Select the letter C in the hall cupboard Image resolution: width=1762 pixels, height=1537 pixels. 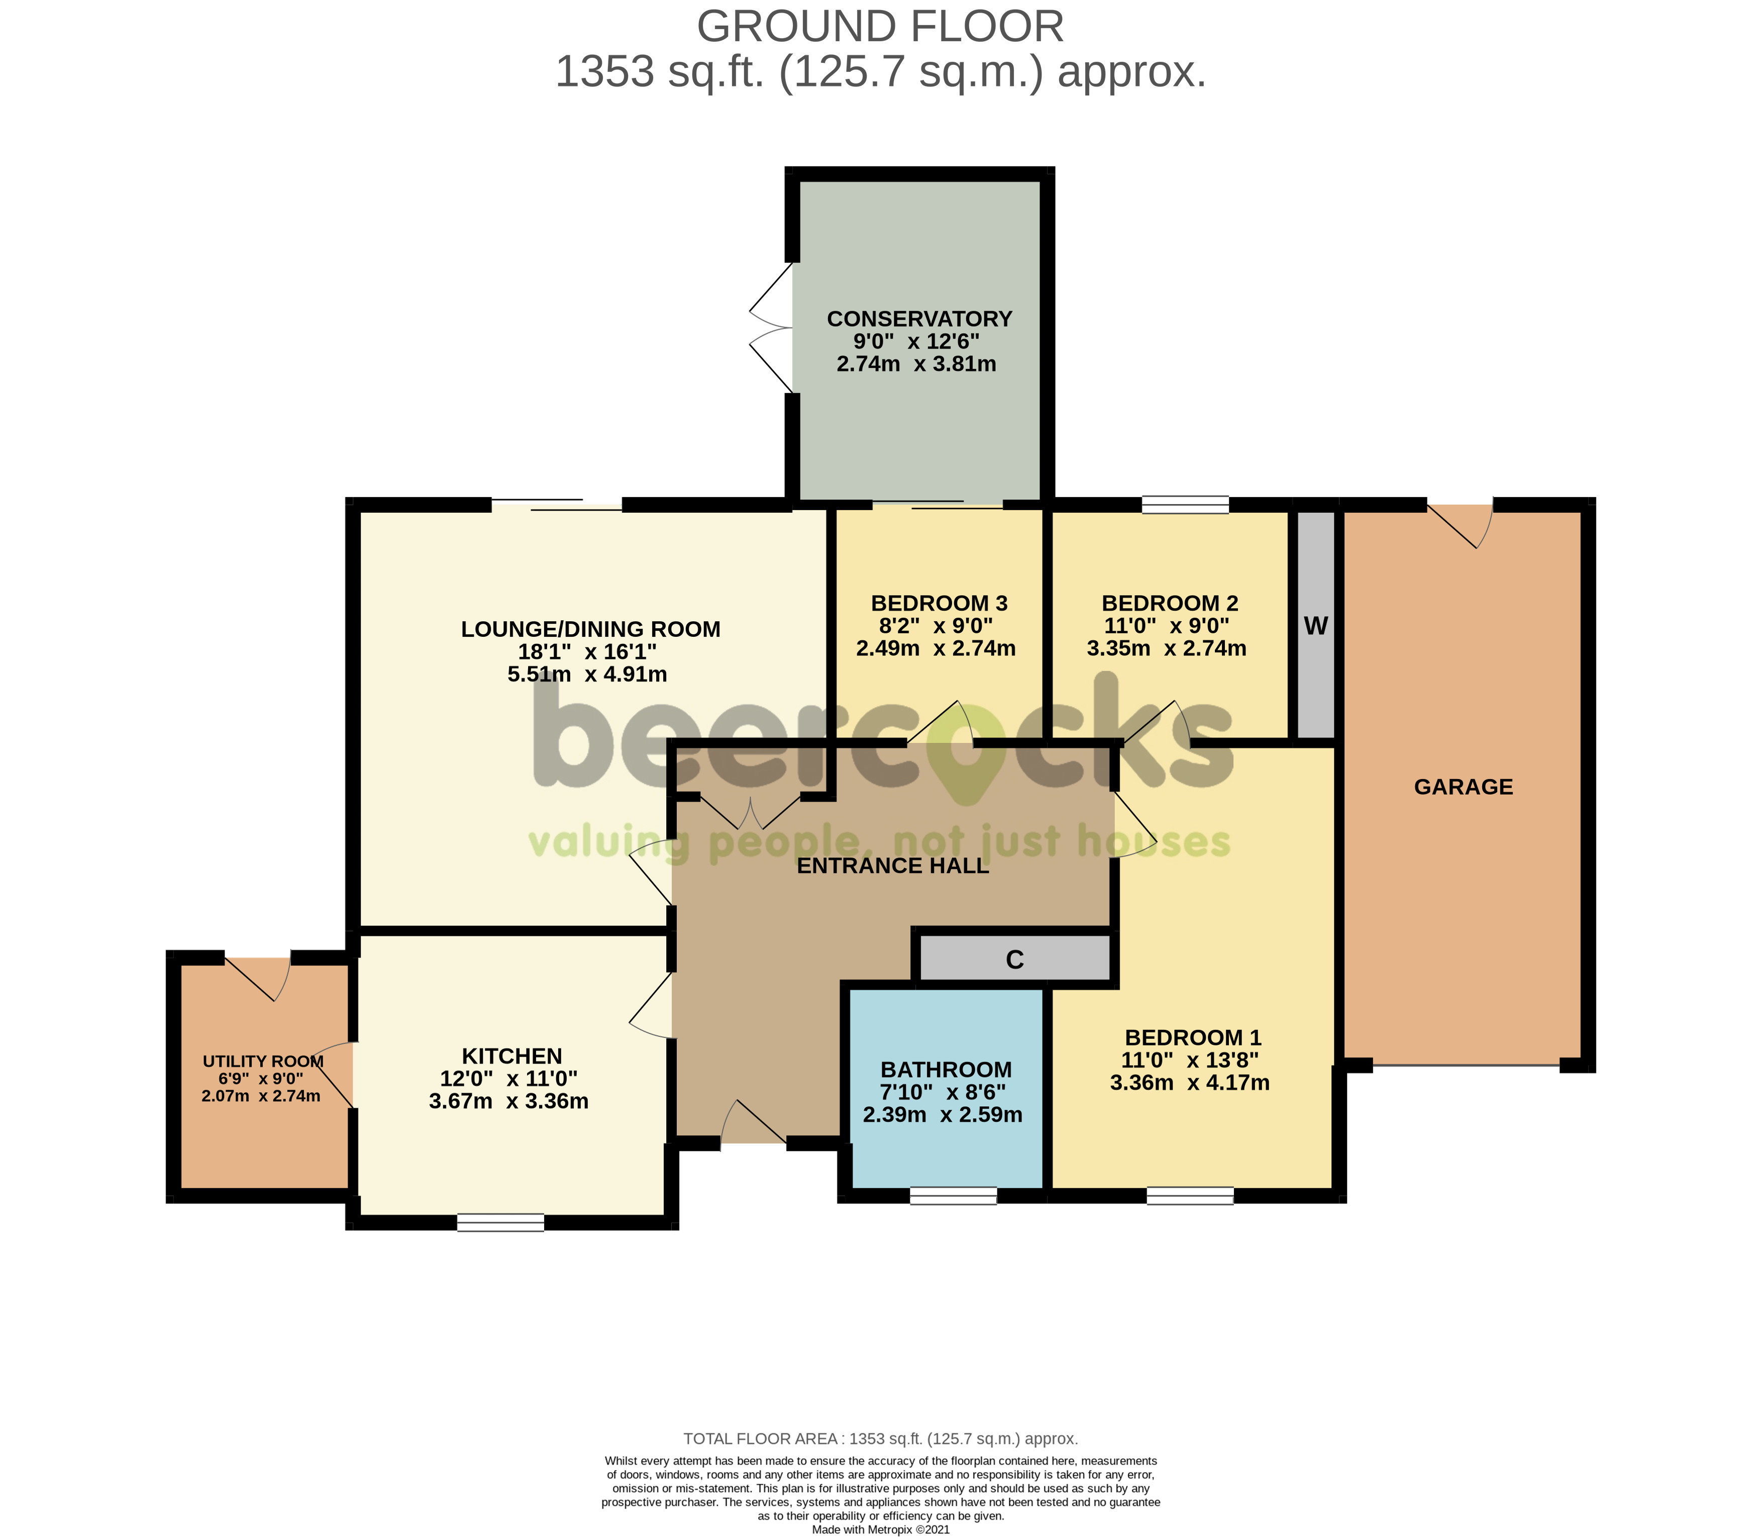[1014, 959]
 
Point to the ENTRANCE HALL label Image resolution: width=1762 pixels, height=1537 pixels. [893, 866]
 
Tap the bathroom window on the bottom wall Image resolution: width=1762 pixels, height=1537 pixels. [954, 1196]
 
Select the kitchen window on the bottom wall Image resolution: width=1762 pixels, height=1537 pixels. [501, 1222]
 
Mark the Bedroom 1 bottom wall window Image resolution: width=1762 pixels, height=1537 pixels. [1190, 1196]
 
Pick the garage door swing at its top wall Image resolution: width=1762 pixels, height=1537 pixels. [1460, 525]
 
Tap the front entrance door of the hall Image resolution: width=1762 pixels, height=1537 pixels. [754, 1122]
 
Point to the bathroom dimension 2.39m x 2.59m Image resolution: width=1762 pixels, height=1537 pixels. [943, 1115]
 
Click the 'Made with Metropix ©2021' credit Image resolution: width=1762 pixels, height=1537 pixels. [881, 1529]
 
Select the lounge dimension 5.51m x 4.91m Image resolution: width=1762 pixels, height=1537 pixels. [587, 674]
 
